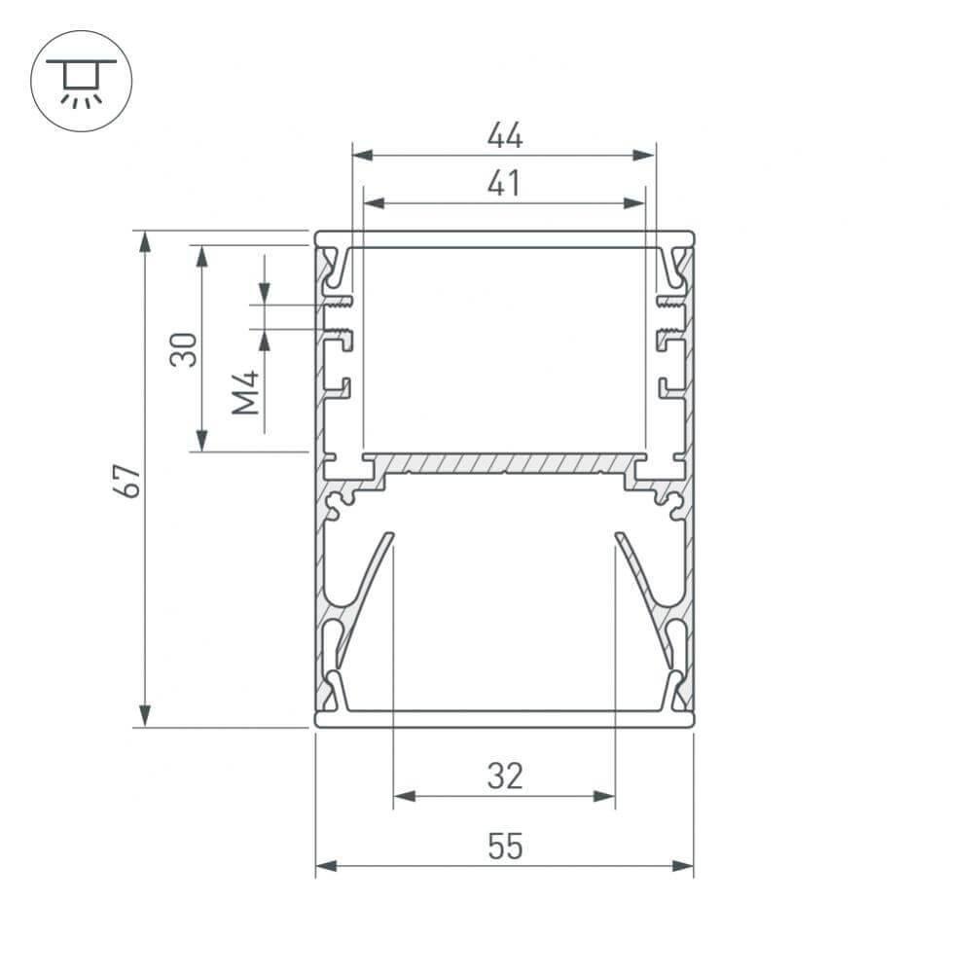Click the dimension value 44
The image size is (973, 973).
click(505, 134)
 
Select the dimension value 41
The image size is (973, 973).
click(504, 183)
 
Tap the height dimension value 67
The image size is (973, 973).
click(127, 480)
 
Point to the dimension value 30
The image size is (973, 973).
click(184, 349)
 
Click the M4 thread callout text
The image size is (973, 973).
click(245, 392)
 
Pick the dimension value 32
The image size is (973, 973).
click(505, 775)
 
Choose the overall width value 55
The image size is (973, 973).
click(505, 846)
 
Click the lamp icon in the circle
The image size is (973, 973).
click(81, 83)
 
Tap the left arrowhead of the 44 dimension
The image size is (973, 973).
click(362, 155)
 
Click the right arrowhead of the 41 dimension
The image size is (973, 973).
click(634, 203)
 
